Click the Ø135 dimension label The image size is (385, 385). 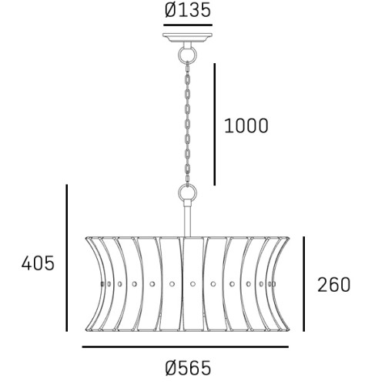click(188, 11)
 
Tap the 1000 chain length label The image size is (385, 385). click(246, 126)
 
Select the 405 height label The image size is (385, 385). click(38, 263)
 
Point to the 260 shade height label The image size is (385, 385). click(334, 284)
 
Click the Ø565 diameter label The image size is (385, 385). click(188, 369)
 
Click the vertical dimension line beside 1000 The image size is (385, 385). click(214, 123)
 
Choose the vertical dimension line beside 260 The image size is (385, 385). click(306, 283)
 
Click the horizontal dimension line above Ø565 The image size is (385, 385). click(190, 347)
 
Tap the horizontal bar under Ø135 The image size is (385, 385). click(188, 25)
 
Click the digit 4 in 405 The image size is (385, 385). click(26, 263)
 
